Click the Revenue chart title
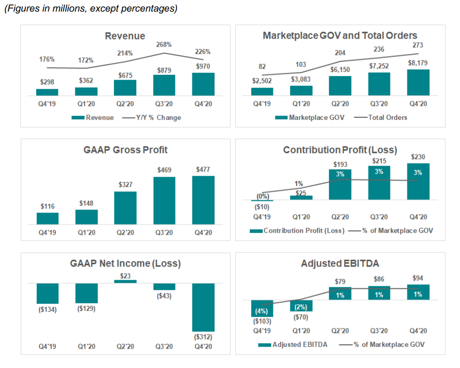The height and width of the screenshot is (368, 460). coord(125,36)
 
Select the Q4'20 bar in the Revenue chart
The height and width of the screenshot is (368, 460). coord(203,84)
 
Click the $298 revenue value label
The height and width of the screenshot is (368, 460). coord(47,82)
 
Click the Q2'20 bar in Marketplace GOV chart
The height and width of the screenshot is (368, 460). coord(340,85)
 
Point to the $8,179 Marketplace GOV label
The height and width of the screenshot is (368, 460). coord(417,63)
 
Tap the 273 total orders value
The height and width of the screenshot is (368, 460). coord(417,45)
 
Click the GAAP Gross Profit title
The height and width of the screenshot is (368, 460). coord(125,150)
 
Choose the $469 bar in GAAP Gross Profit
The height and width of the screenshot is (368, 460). coord(164,200)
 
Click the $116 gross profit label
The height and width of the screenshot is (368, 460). coord(47,206)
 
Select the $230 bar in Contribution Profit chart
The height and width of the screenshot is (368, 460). coord(417,181)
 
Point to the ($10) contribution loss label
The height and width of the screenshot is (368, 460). coord(262,207)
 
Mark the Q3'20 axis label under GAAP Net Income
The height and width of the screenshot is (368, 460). coord(164,346)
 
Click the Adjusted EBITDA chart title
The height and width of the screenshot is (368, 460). coord(340,264)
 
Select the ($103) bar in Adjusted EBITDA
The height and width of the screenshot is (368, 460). coord(262,308)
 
